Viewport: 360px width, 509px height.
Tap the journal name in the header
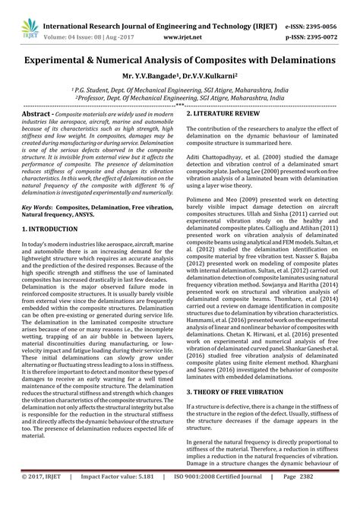[x=179, y=10]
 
